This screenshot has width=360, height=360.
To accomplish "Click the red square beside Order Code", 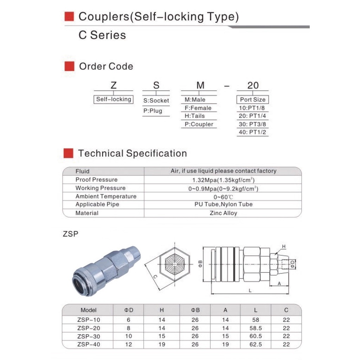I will point(69,66).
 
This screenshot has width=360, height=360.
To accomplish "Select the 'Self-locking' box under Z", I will point(114,99).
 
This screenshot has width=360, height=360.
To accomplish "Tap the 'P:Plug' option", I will point(153,111).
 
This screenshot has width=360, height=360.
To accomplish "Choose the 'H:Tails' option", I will point(194,116).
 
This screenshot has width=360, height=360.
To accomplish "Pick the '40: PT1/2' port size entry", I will point(252,133).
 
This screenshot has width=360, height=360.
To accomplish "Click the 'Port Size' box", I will point(252,99).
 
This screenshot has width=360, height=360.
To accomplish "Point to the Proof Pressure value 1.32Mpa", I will point(223,180).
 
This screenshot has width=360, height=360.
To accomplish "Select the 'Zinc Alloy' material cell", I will point(223,213).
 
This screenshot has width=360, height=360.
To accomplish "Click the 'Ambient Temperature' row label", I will point(106,196).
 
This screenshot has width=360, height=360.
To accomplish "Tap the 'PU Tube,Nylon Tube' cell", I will point(223,204).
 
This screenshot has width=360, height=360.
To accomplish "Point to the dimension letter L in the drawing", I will point(250,291).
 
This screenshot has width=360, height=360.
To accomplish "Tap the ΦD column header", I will point(129,310).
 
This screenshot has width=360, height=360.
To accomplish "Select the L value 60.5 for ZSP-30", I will point(256,336).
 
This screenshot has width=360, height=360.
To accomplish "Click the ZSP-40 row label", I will point(88,345).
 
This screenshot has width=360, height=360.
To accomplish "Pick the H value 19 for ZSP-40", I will point(162,345).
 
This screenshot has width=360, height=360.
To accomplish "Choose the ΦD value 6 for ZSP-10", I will point(129,320).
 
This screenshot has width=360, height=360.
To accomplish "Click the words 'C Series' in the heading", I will point(102,35).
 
